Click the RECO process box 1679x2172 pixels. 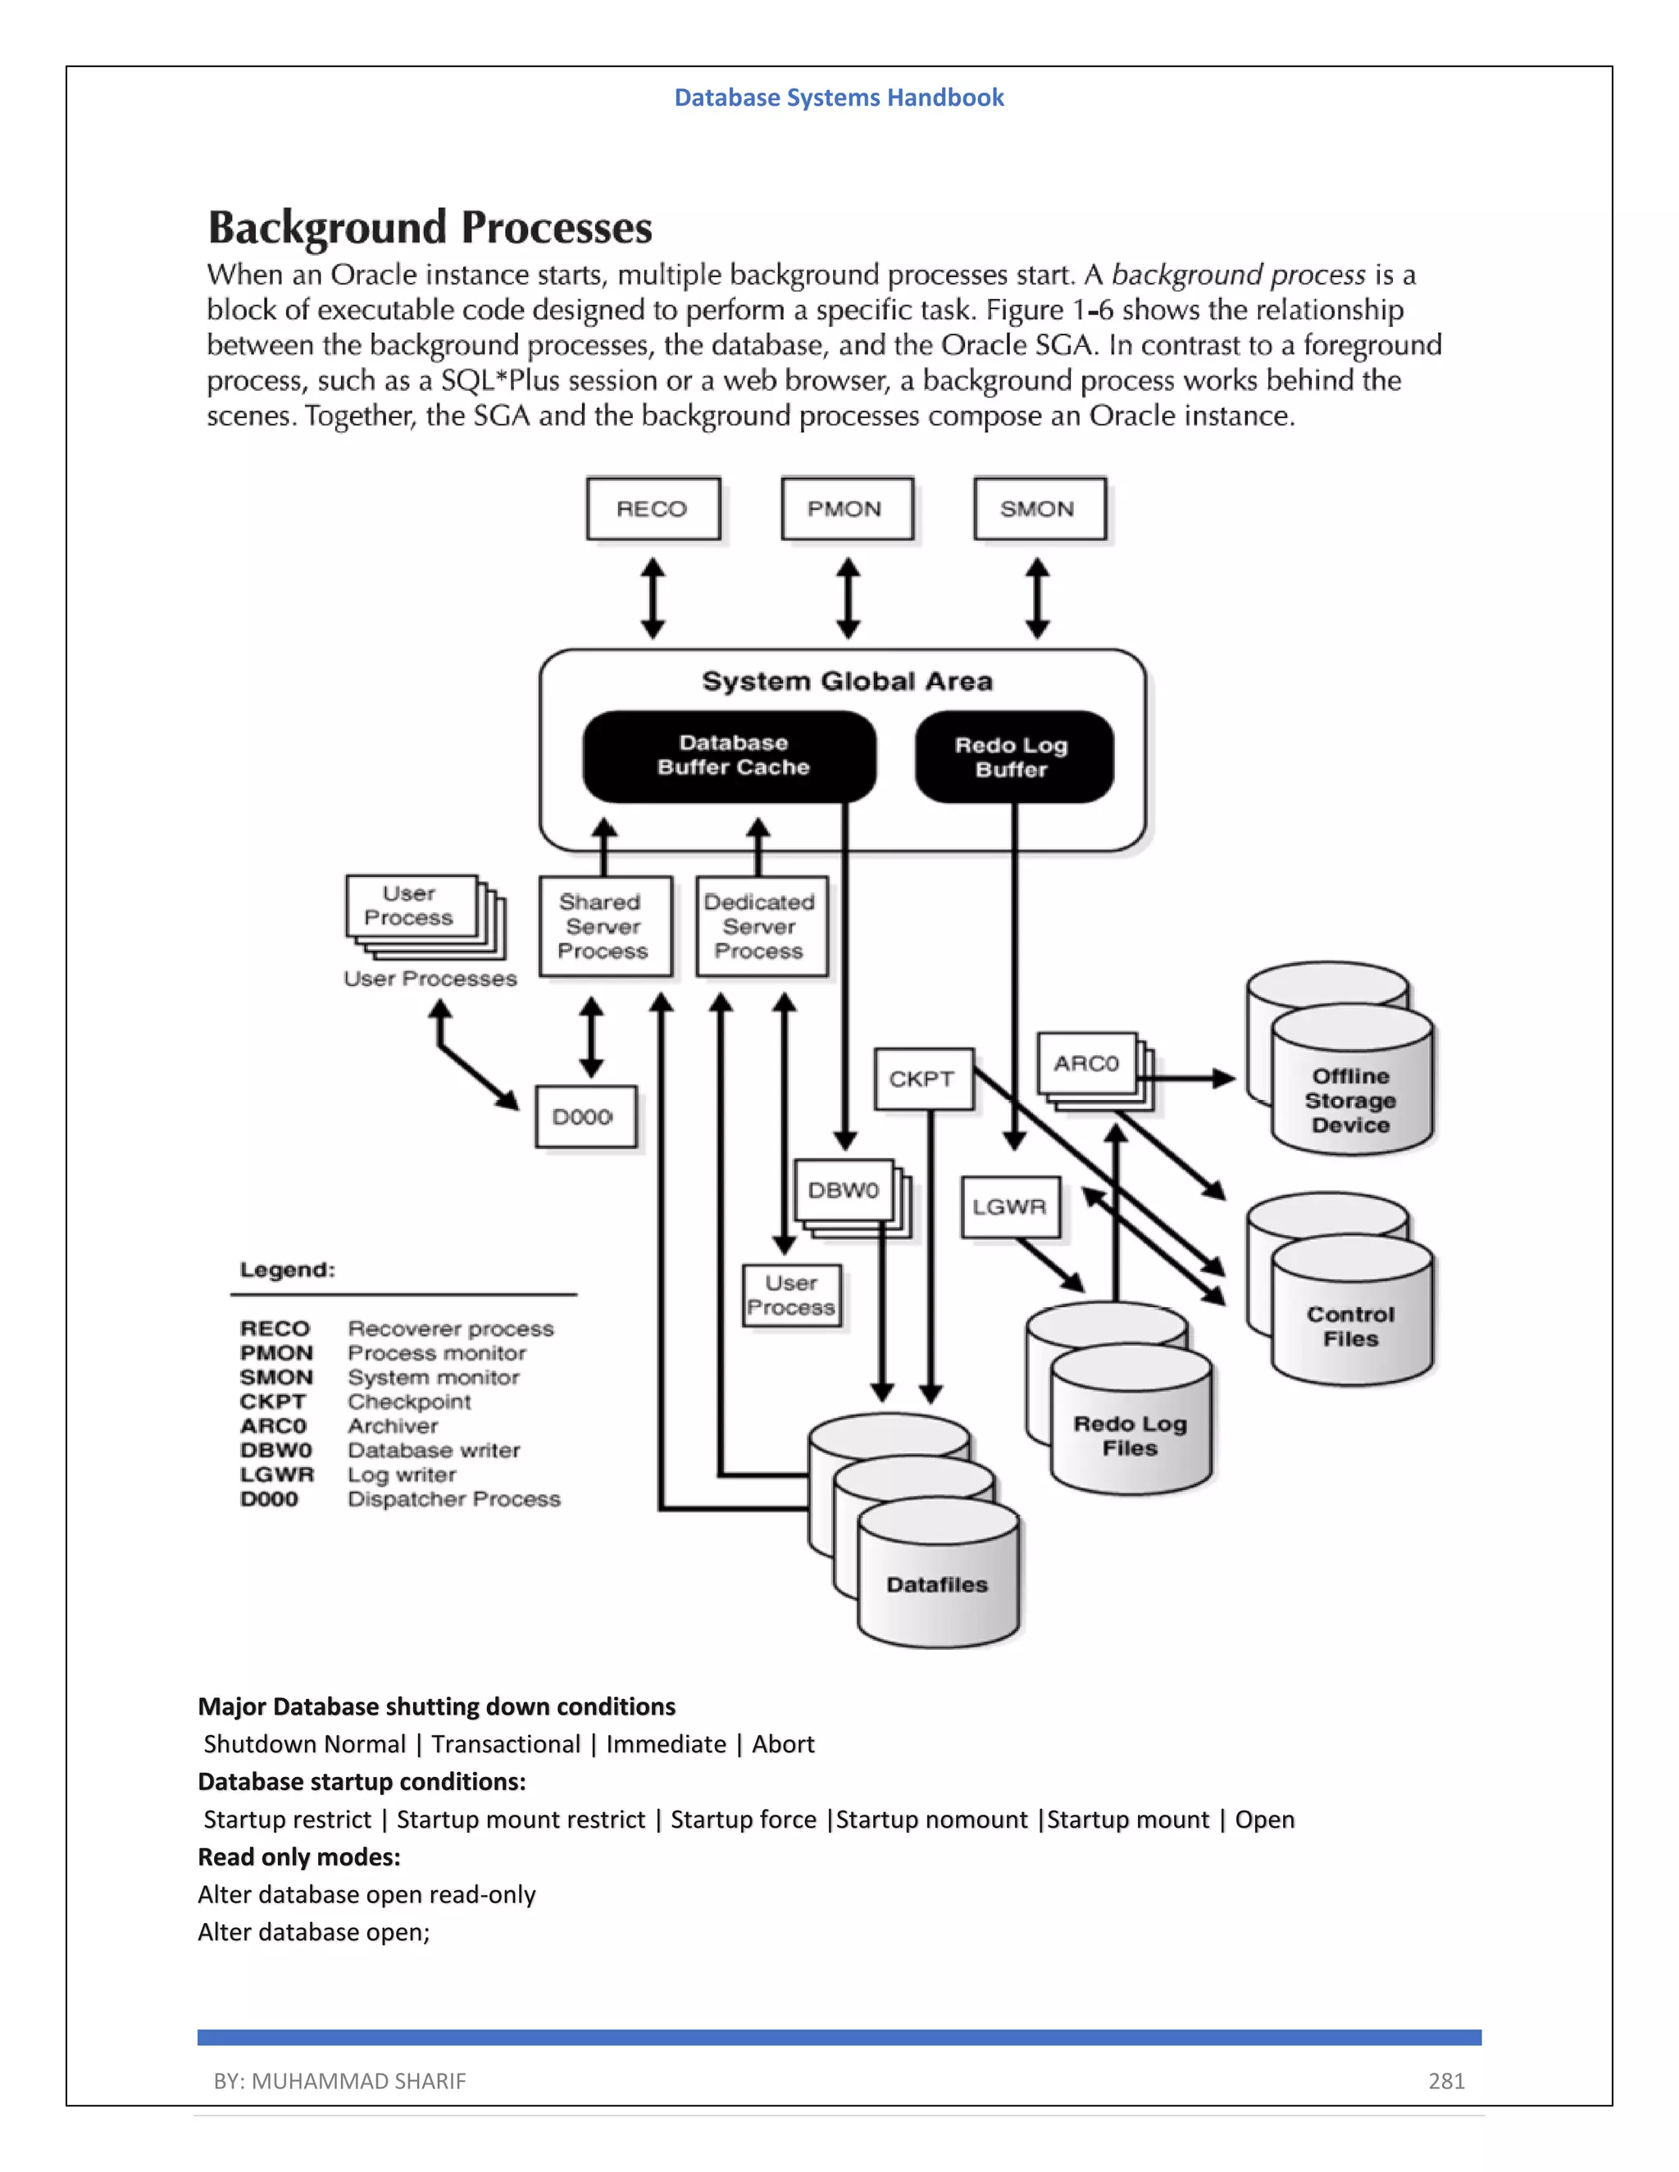tap(653, 509)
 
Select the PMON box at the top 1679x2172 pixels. tap(846, 509)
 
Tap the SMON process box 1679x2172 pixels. tap(1039, 509)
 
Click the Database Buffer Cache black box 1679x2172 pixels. tap(731, 756)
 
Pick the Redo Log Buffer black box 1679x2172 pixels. tap(1012, 757)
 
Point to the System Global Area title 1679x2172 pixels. tap(846, 681)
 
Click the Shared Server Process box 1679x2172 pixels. tap(603, 926)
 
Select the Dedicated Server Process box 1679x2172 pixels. tap(760, 926)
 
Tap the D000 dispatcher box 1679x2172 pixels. tap(585, 1117)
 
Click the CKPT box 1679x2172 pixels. tap(922, 1079)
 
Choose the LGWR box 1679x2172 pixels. tap(1009, 1206)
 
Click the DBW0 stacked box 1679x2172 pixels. tap(844, 1190)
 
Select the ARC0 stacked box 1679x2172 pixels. tap(1086, 1063)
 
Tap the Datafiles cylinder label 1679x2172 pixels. tap(937, 1584)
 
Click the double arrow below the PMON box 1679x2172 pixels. tap(848, 598)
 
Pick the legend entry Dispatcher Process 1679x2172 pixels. tap(453, 1499)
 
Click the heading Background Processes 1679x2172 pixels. tap(430, 228)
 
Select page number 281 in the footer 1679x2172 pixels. tap(1445, 2080)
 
